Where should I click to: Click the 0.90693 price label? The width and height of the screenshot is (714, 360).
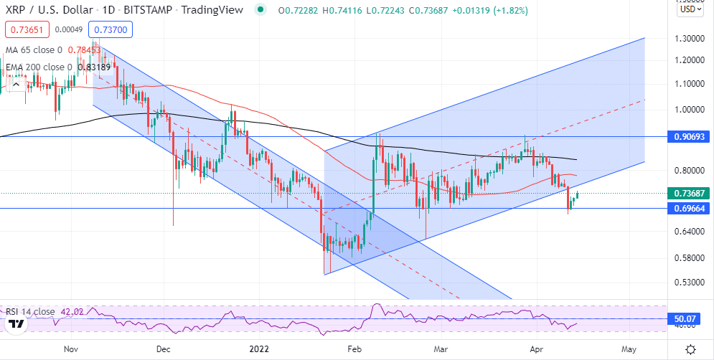click(x=690, y=136)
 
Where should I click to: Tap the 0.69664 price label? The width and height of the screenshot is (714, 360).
click(x=690, y=209)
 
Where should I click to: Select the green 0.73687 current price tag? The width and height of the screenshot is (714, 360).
click(x=690, y=194)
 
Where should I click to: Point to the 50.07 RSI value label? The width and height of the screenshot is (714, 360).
click(x=690, y=318)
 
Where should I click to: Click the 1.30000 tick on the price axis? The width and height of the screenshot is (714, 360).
click(x=690, y=38)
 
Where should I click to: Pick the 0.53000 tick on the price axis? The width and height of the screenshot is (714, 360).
click(x=690, y=282)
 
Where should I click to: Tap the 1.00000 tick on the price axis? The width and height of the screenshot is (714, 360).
click(x=690, y=110)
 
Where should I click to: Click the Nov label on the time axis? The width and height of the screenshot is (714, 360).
click(x=71, y=349)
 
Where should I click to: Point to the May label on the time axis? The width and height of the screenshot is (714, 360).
click(x=629, y=349)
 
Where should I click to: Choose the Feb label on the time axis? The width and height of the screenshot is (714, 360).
click(x=354, y=349)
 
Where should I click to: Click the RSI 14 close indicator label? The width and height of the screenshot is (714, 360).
click(x=30, y=312)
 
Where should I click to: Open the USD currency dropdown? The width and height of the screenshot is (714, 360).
click(x=690, y=9)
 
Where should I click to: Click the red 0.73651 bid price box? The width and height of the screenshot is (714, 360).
click(x=22, y=29)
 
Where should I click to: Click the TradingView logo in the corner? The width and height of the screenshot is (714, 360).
click(x=17, y=324)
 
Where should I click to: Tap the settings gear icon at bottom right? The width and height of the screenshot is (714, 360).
click(x=690, y=349)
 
